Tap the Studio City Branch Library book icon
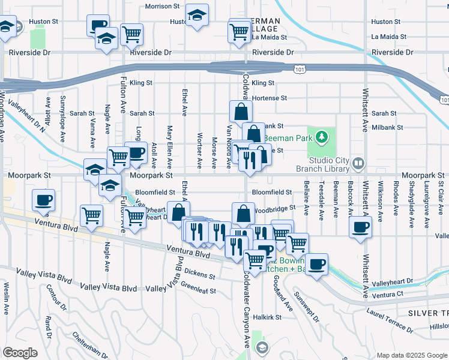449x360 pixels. tap(358, 163)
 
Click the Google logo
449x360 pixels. tap(20, 353)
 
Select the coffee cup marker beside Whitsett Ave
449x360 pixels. tap(360, 227)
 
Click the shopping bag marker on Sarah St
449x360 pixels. tap(241, 112)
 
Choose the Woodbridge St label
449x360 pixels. tap(274, 209)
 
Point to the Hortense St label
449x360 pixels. tap(270, 98)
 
